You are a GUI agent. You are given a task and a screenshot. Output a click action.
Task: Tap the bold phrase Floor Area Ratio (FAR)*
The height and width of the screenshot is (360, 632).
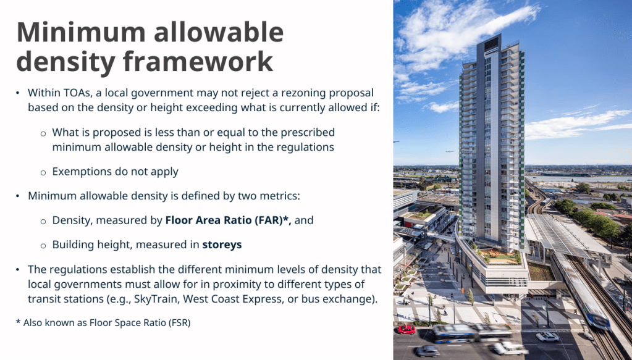coord(228,220)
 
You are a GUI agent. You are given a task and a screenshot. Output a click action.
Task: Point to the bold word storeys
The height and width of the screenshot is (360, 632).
coord(222,245)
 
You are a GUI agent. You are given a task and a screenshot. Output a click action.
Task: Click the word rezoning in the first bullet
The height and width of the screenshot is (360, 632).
coord(303,93)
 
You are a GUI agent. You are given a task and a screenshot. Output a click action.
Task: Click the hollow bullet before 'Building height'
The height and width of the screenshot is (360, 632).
coord(43,246)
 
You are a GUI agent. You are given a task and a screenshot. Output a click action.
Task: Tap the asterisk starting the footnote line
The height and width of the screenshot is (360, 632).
coord(18,321)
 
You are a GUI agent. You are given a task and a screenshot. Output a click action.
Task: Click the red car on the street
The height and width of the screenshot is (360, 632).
coord(407,330)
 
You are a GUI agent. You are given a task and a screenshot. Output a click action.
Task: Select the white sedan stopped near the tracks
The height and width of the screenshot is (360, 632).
coord(547,337)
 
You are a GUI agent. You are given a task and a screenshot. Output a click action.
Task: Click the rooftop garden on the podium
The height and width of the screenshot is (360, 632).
coord(499,256)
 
